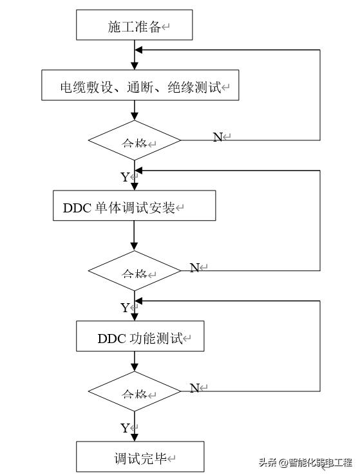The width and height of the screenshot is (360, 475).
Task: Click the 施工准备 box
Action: pos(135,26)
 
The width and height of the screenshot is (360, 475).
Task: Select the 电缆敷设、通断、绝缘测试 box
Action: pos(140,86)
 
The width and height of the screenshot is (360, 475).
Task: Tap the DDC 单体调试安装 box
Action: pos(134,207)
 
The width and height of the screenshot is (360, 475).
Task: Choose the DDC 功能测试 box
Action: pos(140,337)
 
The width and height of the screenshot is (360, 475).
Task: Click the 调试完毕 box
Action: pos(140,458)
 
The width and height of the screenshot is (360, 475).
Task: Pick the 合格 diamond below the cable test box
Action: pos(135,140)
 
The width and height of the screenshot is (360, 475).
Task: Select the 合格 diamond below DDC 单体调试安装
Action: pos(135,270)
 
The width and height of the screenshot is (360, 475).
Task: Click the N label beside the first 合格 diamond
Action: pos(218,137)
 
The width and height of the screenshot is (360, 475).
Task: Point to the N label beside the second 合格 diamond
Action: pos(194,268)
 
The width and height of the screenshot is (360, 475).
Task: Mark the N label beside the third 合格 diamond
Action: pos(194,388)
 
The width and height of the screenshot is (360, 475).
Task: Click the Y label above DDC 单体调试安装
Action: pos(125,177)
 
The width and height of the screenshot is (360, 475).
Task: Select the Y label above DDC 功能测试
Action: pos(125,308)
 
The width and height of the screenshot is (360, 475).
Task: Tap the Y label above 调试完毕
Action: pos(125,428)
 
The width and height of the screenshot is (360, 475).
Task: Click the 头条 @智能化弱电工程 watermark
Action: pos(306,462)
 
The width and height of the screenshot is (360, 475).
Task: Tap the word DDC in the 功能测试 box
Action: pos(110,338)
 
